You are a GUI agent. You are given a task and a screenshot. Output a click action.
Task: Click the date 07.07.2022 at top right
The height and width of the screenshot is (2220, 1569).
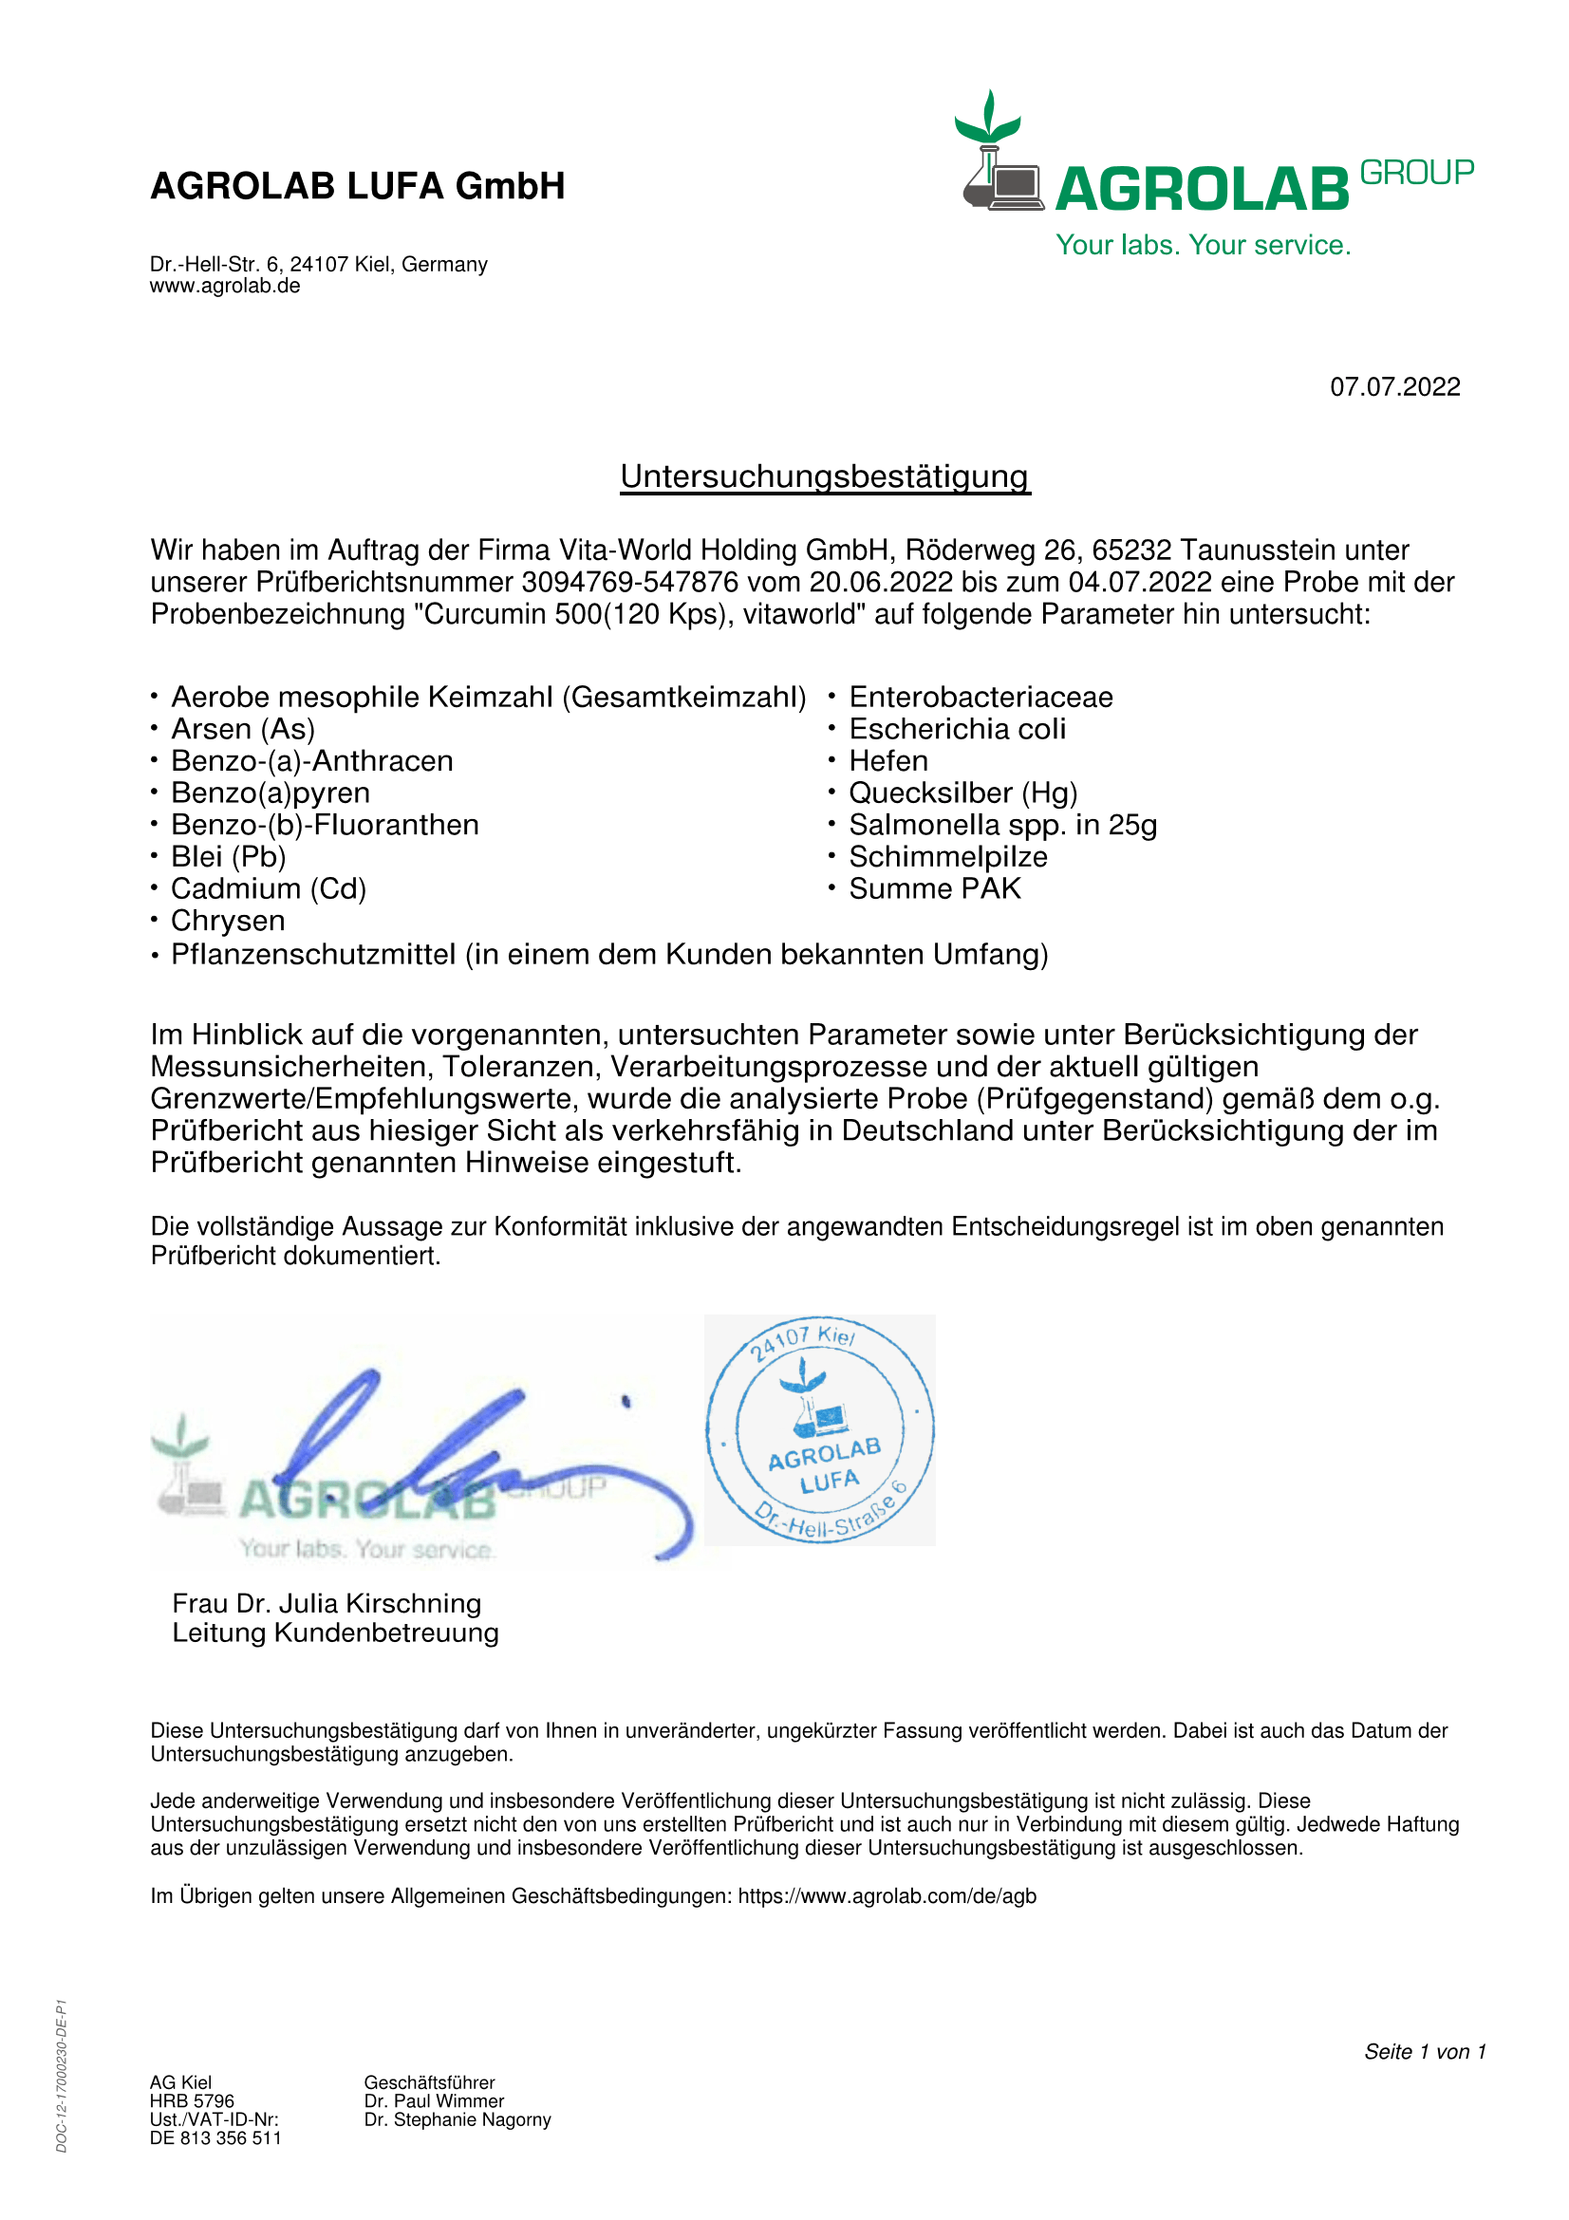[1394, 386]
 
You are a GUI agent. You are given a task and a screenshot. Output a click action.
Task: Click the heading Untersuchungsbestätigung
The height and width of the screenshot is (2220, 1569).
[825, 476]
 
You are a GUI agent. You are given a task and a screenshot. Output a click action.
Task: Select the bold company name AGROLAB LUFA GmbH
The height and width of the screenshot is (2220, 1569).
[358, 187]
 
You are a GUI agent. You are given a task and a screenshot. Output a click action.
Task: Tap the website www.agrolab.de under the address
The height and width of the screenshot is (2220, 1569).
[224, 287]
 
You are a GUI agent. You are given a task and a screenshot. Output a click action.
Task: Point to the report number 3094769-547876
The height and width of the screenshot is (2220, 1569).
[629, 582]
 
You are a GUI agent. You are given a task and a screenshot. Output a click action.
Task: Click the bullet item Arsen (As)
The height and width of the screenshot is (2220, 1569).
[243, 729]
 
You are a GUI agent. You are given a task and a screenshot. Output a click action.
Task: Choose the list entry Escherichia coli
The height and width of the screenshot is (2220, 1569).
[957, 729]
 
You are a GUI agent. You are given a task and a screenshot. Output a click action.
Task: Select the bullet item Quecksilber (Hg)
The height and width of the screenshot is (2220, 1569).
[962, 793]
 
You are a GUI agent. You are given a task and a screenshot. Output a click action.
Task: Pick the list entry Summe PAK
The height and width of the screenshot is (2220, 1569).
[935, 888]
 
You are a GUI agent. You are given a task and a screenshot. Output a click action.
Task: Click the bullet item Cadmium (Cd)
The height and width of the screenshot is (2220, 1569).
[269, 888]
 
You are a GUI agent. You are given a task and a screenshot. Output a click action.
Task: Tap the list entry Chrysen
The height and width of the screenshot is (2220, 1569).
[228, 921]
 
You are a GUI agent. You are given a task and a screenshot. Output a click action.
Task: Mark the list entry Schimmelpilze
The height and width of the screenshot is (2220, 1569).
[948, 857]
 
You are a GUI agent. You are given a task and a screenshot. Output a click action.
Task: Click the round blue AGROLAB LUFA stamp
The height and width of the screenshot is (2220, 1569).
[820, 1430]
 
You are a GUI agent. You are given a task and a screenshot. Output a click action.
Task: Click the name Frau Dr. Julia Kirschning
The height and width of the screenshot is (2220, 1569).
[327, 1603]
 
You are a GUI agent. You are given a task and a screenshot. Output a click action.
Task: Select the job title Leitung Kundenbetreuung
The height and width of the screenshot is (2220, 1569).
[335, 1633]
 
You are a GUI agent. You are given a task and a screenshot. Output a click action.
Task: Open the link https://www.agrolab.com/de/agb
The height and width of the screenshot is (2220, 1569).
[887, 1896]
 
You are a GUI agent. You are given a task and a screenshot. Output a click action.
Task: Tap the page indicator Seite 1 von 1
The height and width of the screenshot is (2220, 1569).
[1425, 2052]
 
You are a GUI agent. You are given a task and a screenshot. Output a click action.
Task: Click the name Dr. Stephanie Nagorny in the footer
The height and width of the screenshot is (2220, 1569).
[458, 2119]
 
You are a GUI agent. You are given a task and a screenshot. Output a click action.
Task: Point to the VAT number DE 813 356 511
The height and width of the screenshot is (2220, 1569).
[215, 2137]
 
